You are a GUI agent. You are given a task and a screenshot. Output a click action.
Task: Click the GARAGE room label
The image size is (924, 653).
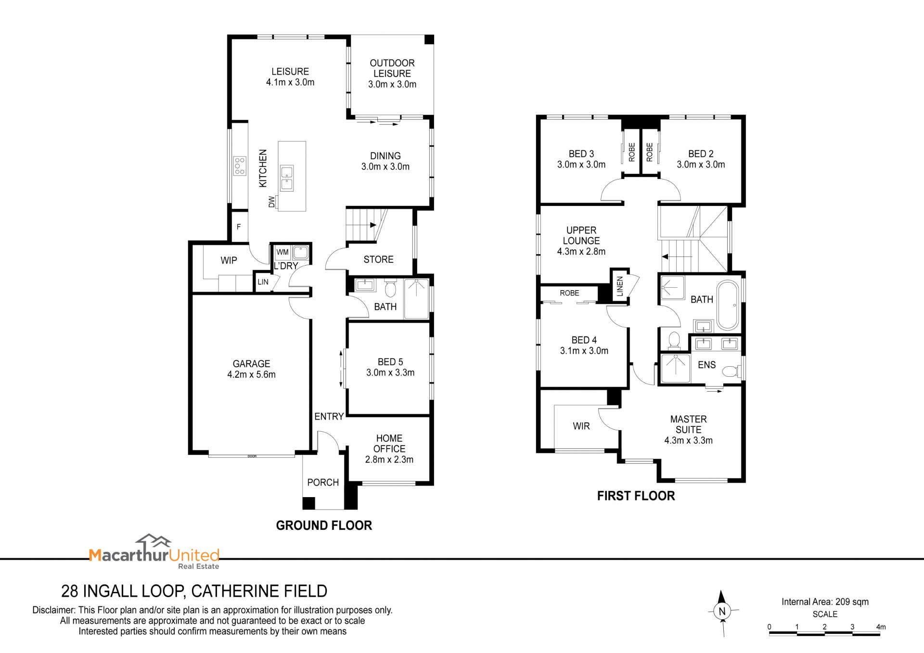pyautogui.click(x=251, y=364)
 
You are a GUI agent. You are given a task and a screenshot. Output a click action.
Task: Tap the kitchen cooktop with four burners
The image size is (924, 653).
pyautogui.click(x=240, y=166)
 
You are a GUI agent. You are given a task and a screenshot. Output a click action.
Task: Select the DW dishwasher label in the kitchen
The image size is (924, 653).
pyautogui.click(x=272, y=202)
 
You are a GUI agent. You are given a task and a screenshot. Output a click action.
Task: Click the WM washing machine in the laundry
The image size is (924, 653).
pyautogui.click(x=282, y=252)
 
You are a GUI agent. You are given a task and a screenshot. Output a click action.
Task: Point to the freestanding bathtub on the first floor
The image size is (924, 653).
pyautogui.click(x=728, y=305)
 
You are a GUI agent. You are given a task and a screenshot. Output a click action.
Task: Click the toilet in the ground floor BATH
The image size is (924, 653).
pyautogui.click(x=390, y=289)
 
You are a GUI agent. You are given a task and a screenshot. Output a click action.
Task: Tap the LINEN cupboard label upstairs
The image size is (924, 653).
pyautogui.click(x=620, y=286)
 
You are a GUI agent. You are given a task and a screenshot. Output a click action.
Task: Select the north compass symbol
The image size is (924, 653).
pyautogui.click(x=722, y=612)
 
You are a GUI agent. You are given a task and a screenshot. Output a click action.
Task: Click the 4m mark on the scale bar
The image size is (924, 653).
pyautogui.click(x=881, y=627)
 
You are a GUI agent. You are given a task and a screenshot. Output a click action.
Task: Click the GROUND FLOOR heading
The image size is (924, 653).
pyautogui.click(x=324, y=525)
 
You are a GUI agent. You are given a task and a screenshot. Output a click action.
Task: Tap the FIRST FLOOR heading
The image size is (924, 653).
pyautogui.click(x=636, y=496)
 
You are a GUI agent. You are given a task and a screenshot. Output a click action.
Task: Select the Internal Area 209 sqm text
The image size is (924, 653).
pyautogui.click(x=825, y=602)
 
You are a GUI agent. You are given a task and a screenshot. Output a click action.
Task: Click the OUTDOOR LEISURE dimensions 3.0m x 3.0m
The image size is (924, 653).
pyautogui.click(x=392, y=84)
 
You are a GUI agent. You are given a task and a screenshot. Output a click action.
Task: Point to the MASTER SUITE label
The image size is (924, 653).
pyautogui.click(x=689, y=424)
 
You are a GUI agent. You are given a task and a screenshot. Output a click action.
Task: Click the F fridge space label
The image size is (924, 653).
pyautogui.click(x=239, y=227)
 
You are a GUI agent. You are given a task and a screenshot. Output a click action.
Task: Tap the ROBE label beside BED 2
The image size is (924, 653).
pyautogui.click(x=650, y=152)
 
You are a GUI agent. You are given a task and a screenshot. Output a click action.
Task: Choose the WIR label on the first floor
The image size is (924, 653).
pyautogui.click(x=581, y=426)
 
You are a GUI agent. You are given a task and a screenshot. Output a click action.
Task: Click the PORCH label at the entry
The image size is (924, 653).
pyautogui.click(x=323, y=483)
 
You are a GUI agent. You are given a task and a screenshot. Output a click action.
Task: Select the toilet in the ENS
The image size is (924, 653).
pyautogui.click(x=731, y=371)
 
